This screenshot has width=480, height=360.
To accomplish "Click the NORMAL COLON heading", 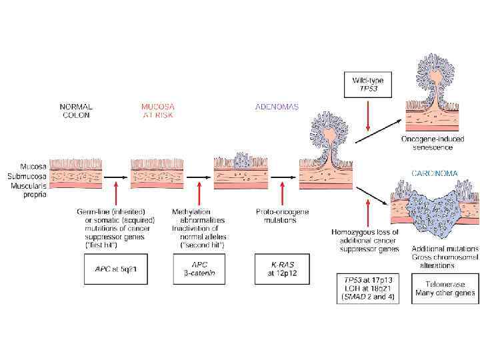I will click(x=76, y=110).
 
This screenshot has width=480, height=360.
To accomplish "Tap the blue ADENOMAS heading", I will click(x=277, y=107).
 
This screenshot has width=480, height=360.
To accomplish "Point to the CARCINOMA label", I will click(x=435, y=173).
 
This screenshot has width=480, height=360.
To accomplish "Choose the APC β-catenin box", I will click(x=199, y=269).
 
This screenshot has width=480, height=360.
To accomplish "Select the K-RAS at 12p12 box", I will click(x=275, y=269).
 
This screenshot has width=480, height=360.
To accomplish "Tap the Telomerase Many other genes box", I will click(x=445, y=287).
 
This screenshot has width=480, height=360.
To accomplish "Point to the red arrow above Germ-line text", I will click(x=117, y=194).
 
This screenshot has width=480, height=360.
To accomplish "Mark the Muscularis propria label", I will click(x=25, y=189).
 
